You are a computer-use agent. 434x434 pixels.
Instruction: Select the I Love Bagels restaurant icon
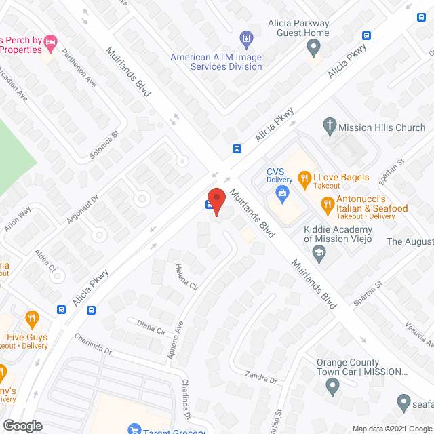[x=305, y=180]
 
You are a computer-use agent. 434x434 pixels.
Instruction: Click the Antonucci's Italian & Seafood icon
[x=328, y=203]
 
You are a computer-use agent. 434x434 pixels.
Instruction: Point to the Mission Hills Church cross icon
[x=329, y=125]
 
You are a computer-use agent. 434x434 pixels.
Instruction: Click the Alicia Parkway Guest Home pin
[x=313, y=47]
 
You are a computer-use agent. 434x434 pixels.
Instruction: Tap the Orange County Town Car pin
[x=332, y=386]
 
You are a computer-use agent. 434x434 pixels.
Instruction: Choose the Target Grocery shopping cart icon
[x=135, y=430]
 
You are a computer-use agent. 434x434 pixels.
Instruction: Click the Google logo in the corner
[x=22, y=425]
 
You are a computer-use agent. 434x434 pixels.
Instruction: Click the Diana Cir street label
[x=151, y=329]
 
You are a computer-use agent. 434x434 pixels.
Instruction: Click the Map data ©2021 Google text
[x=391, y=428]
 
